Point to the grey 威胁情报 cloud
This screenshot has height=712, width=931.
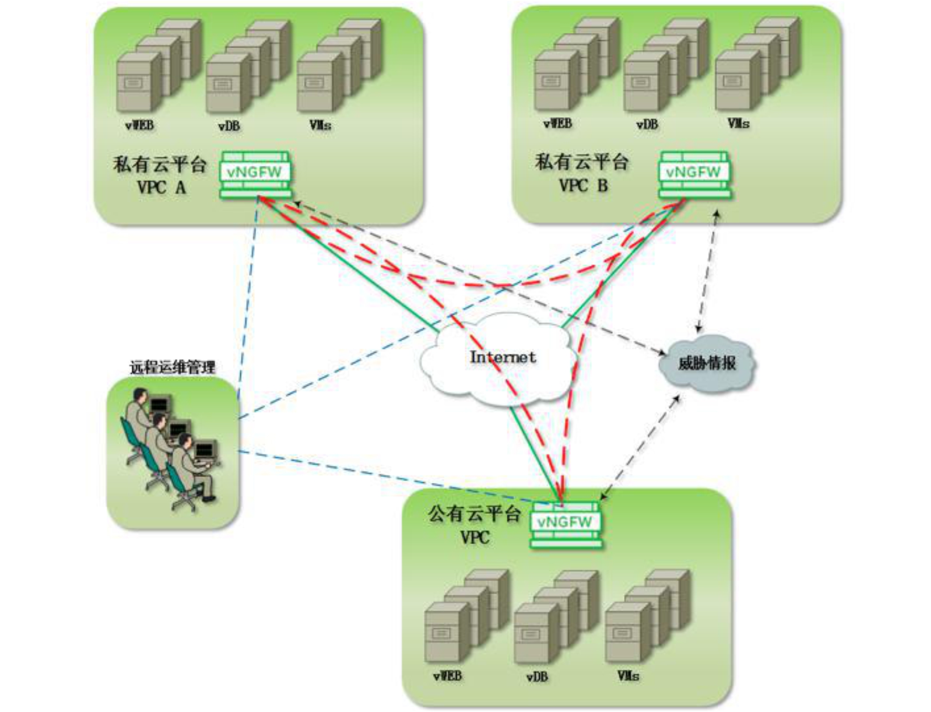coord(706,363)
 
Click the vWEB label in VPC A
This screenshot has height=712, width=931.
coord(139,125)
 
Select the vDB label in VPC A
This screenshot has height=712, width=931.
coord(229,126)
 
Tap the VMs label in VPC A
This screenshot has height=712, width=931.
coord(320,125)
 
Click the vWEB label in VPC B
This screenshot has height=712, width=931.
coord(558,124)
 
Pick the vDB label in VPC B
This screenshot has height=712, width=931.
coord(647,125)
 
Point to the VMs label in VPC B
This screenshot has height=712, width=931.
coord(738,124)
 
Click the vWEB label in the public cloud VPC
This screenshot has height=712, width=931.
coord(448,676)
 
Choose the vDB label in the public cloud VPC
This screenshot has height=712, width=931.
coord(537,677)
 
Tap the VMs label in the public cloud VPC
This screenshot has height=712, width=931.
coord(628,676)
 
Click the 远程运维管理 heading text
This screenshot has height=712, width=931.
coord(172,368)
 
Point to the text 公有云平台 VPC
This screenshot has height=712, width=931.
coord(475,525)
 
